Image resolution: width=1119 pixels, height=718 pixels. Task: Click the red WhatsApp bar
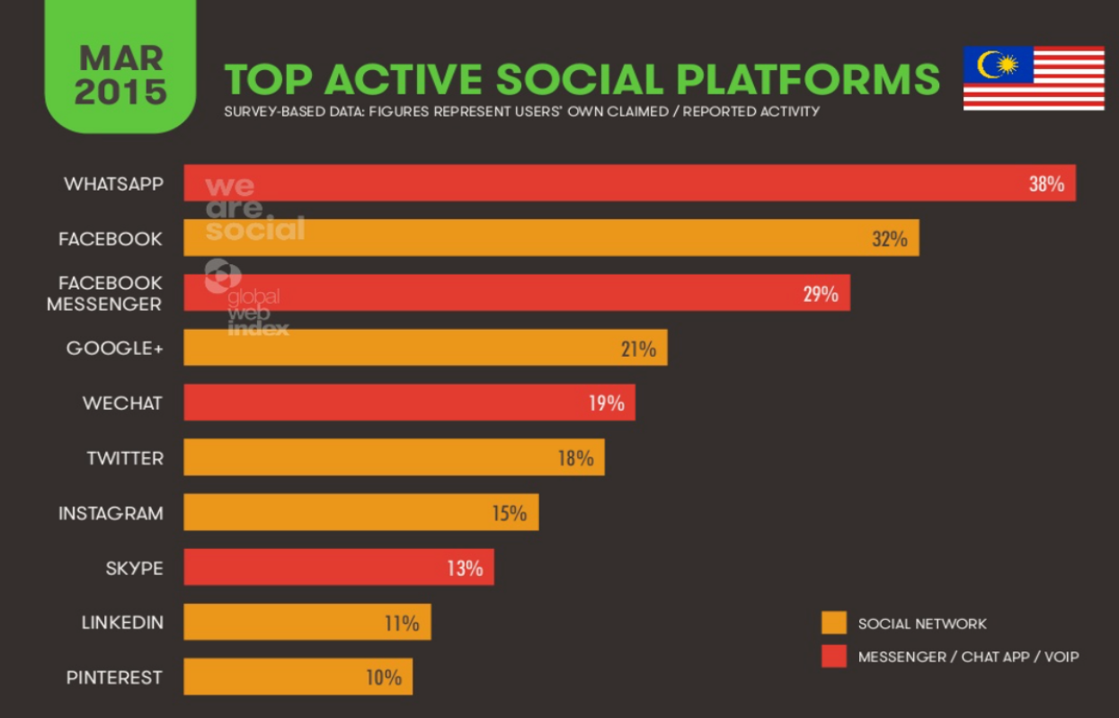[x=629, y=183]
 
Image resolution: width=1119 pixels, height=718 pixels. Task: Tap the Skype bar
[x=339, y=568]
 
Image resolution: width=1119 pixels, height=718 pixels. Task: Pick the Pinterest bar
[x=298, y=678]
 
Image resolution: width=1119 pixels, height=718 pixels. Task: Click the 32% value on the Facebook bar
[x=889, y=239]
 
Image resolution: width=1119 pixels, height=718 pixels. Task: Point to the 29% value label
[x=821, y=294]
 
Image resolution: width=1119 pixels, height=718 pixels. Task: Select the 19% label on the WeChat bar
[x=607, y=403]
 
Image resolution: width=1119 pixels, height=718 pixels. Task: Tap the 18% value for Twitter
[x=575, y=458]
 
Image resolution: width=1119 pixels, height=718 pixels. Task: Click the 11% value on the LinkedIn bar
[x=402, y=623]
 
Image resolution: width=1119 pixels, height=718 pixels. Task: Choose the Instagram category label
[x=111, y=513]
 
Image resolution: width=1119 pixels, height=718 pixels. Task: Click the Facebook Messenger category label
[x=105, y=294]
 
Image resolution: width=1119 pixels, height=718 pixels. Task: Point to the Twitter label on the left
[x=125, y=458]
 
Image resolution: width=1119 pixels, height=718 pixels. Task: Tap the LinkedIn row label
[x=122, y=623]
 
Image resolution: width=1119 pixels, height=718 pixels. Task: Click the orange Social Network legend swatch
[x=834, y=624]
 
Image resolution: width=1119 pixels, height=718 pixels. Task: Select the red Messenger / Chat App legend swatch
[x=834, y=657]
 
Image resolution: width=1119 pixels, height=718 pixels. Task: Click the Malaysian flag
[x=1034, y=78]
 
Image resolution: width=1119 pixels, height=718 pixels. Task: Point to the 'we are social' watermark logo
[x=253, y=208]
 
